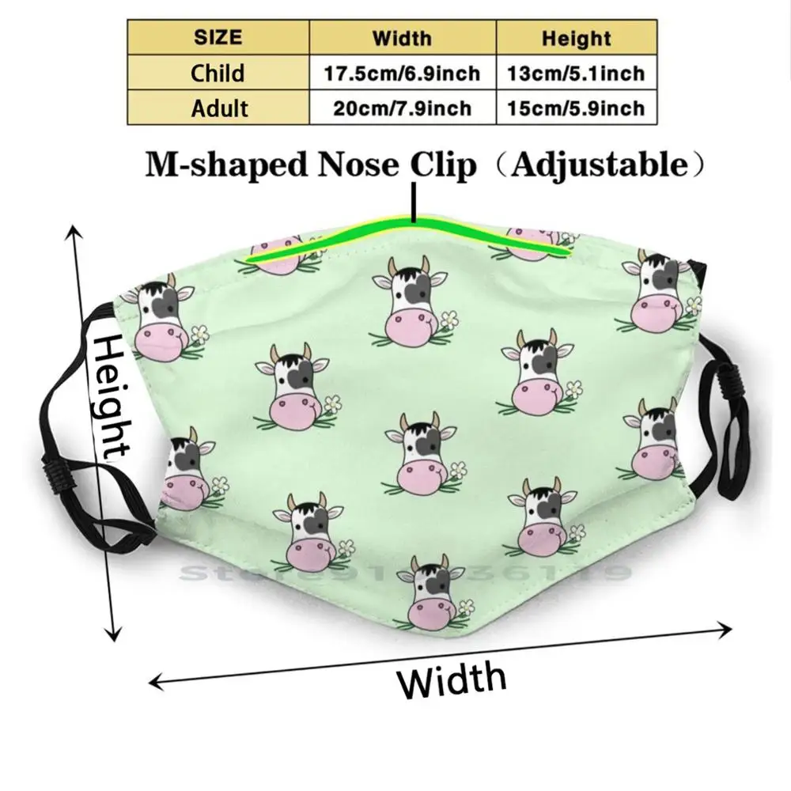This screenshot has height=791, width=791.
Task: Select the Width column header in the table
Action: [402, 37]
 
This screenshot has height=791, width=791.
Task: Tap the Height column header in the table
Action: [576, 37]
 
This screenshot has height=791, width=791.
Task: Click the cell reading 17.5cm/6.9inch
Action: [402, 73]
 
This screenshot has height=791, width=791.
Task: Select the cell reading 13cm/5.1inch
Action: [576, 73]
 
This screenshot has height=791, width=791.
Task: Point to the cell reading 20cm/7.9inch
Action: [402, 108]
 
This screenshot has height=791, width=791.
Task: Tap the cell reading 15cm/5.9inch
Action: [576, 108]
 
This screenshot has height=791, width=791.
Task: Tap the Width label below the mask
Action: [452, 679]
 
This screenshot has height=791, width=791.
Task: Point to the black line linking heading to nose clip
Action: [413, 202]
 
